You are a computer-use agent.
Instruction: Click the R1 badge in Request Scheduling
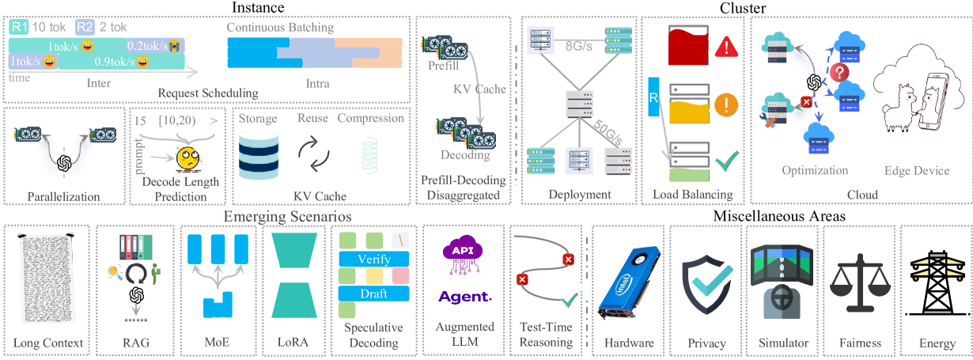pyautogui.click(x=17, y=27)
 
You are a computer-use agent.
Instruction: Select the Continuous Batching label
pyautogui.click(x=280, y=28)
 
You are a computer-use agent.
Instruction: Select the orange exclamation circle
pyautogui.click(x=726, y=105)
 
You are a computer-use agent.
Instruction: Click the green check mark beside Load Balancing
pyautogui.click(x=726, y=164)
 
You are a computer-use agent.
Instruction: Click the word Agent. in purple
pyautogui.click(x=464, y=297)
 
